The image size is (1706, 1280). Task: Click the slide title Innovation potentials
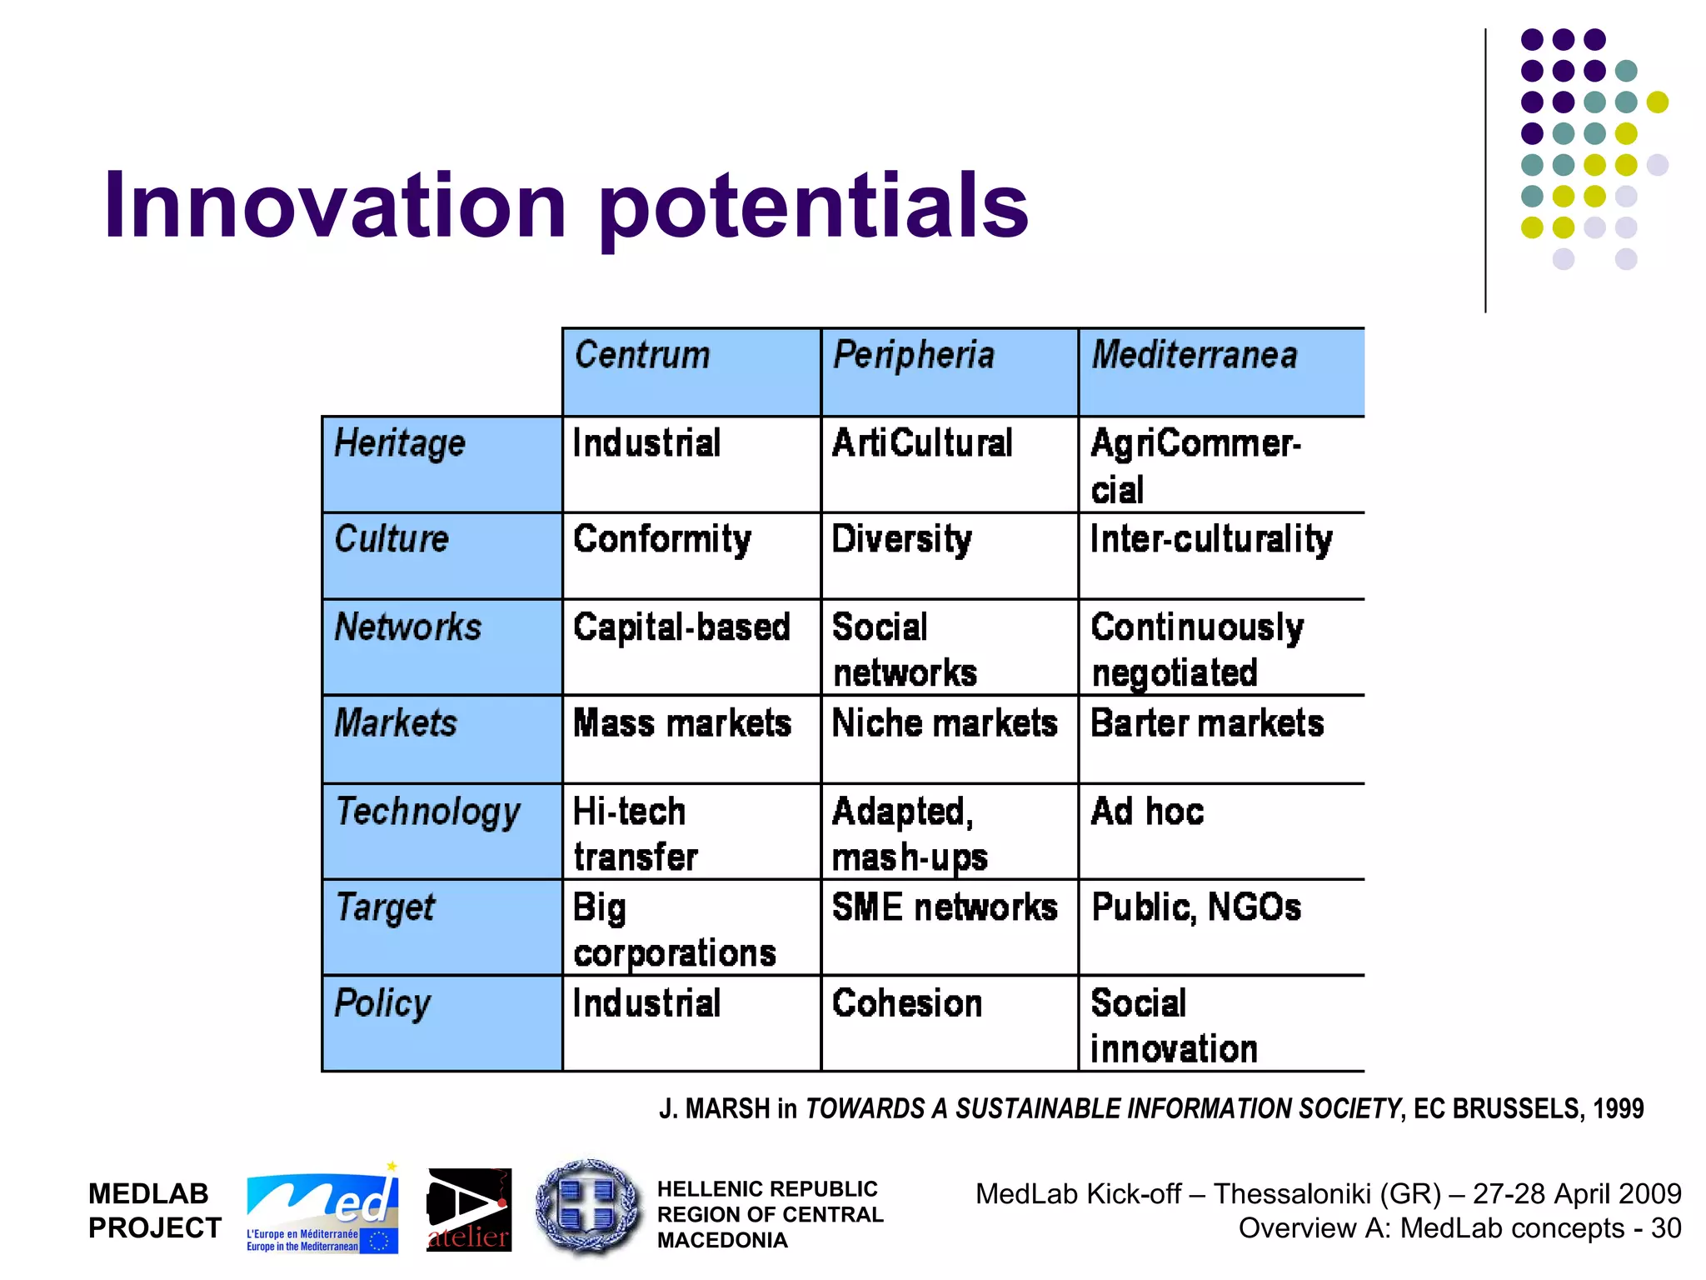pos(566,206)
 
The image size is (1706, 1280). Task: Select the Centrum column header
pos(642,356)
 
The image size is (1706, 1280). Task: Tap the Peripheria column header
pos(914,356)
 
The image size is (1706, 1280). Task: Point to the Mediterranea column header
pos(1195,356)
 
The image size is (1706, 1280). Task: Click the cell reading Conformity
pos(662,540)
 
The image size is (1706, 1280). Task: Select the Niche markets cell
pos(945,723)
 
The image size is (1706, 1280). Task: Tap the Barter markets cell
pos(1207,723)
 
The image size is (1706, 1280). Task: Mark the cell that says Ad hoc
pos(1147,812)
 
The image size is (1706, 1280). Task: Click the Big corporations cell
pos(674,930)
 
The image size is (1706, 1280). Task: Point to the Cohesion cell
pos(907,1003)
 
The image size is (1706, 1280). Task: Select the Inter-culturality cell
pos(1211,540)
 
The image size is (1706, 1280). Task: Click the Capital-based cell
pos(681,627)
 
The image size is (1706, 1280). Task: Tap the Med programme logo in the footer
pos(322,1209)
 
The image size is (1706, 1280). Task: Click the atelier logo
pos(469,1210)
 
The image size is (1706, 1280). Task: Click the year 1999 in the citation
pos(1618,1109)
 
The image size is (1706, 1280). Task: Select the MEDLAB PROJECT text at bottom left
pos(155,1211)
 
